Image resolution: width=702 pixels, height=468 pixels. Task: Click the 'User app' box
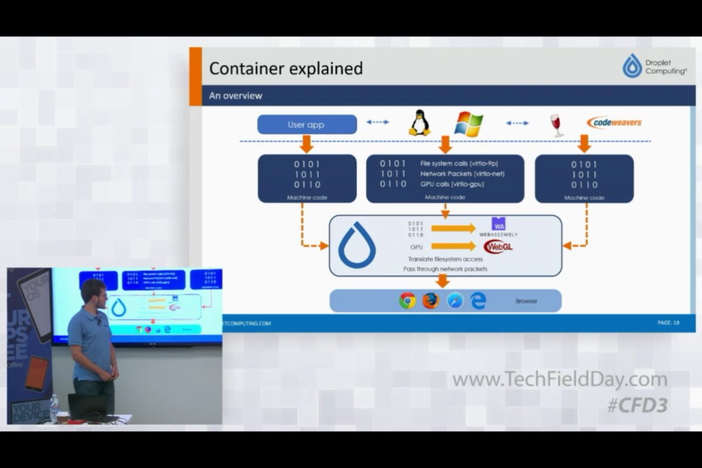coord(307,125)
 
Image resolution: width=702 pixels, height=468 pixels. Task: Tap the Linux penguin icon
coord(419,123)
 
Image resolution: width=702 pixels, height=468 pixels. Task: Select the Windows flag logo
coord(469,124)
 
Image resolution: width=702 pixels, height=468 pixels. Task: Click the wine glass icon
coord(556,125)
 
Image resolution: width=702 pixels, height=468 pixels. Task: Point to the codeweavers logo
coord(614,122)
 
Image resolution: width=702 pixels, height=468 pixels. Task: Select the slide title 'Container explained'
coord(286,68)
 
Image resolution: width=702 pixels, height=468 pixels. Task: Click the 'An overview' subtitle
coord(236,95)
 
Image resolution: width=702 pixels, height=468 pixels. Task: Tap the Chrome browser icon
coord(407,301)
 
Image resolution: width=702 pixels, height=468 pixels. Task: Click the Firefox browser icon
coord(431,301)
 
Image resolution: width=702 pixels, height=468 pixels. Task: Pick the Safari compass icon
coord(455,301)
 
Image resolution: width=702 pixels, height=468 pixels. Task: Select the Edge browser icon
coord(479,301)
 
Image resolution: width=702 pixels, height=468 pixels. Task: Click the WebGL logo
coord(498,246)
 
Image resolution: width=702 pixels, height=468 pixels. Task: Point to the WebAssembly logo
coord(498,227)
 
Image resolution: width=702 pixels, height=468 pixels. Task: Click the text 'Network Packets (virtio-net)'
coord(462,174)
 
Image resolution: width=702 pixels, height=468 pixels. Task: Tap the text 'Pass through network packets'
coord(445,269)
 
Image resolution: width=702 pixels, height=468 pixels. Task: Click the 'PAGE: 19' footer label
coord(668,322)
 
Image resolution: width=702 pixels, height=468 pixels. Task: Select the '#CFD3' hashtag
coord(637,405)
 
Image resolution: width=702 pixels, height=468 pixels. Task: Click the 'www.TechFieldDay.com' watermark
coord(560,380)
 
